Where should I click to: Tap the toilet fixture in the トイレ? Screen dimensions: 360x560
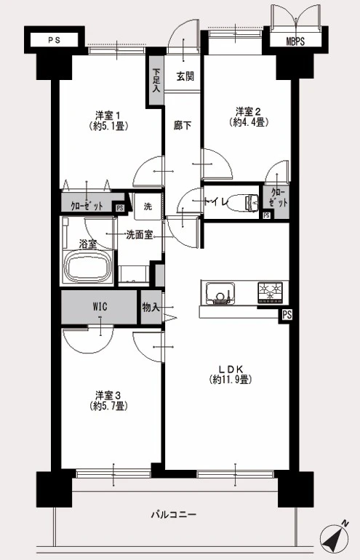coord(244,203)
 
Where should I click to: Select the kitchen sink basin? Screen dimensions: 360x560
coord(220,293)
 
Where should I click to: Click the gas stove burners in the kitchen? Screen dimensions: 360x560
coord(270,292)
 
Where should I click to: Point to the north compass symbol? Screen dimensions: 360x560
coord(335,539)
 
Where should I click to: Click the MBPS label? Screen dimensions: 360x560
coord(295,41)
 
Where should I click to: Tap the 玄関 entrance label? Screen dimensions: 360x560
coord(185,76)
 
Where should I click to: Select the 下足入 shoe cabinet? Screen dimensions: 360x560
coord(156,80)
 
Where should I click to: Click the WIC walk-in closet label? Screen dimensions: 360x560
coord(100,307)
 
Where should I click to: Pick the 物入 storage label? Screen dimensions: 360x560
coord(151,307)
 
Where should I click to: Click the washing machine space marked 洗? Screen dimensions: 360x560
coord(148,207)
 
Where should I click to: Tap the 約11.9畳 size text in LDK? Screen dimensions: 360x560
coord(230,380)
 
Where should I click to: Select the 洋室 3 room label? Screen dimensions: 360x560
coord(108,396)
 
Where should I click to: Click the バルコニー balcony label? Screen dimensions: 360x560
coord(174,515)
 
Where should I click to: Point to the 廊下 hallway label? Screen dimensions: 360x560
coord(183,126)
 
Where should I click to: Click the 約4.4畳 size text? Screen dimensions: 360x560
coord(249,122)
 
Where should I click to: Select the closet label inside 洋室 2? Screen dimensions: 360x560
coord(279,198)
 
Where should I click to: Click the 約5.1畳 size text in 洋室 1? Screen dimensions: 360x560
coord(108,126)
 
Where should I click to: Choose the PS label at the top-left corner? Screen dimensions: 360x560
coord(55,40)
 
